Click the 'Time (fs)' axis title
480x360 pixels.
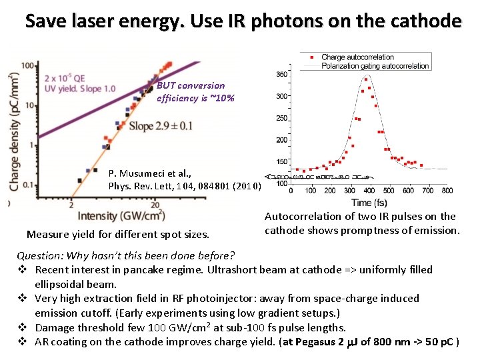(x=371, y=202)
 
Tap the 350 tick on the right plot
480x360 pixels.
(x=281, y=74)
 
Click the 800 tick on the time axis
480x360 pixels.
(x=447, y=191)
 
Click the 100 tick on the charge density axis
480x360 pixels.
(x=28, y=65)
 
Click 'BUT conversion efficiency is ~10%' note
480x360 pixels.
(x=195, y=92)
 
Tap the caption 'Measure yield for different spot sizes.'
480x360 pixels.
(x=117, y=234)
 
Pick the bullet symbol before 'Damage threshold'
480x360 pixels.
(x=21, y=327)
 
